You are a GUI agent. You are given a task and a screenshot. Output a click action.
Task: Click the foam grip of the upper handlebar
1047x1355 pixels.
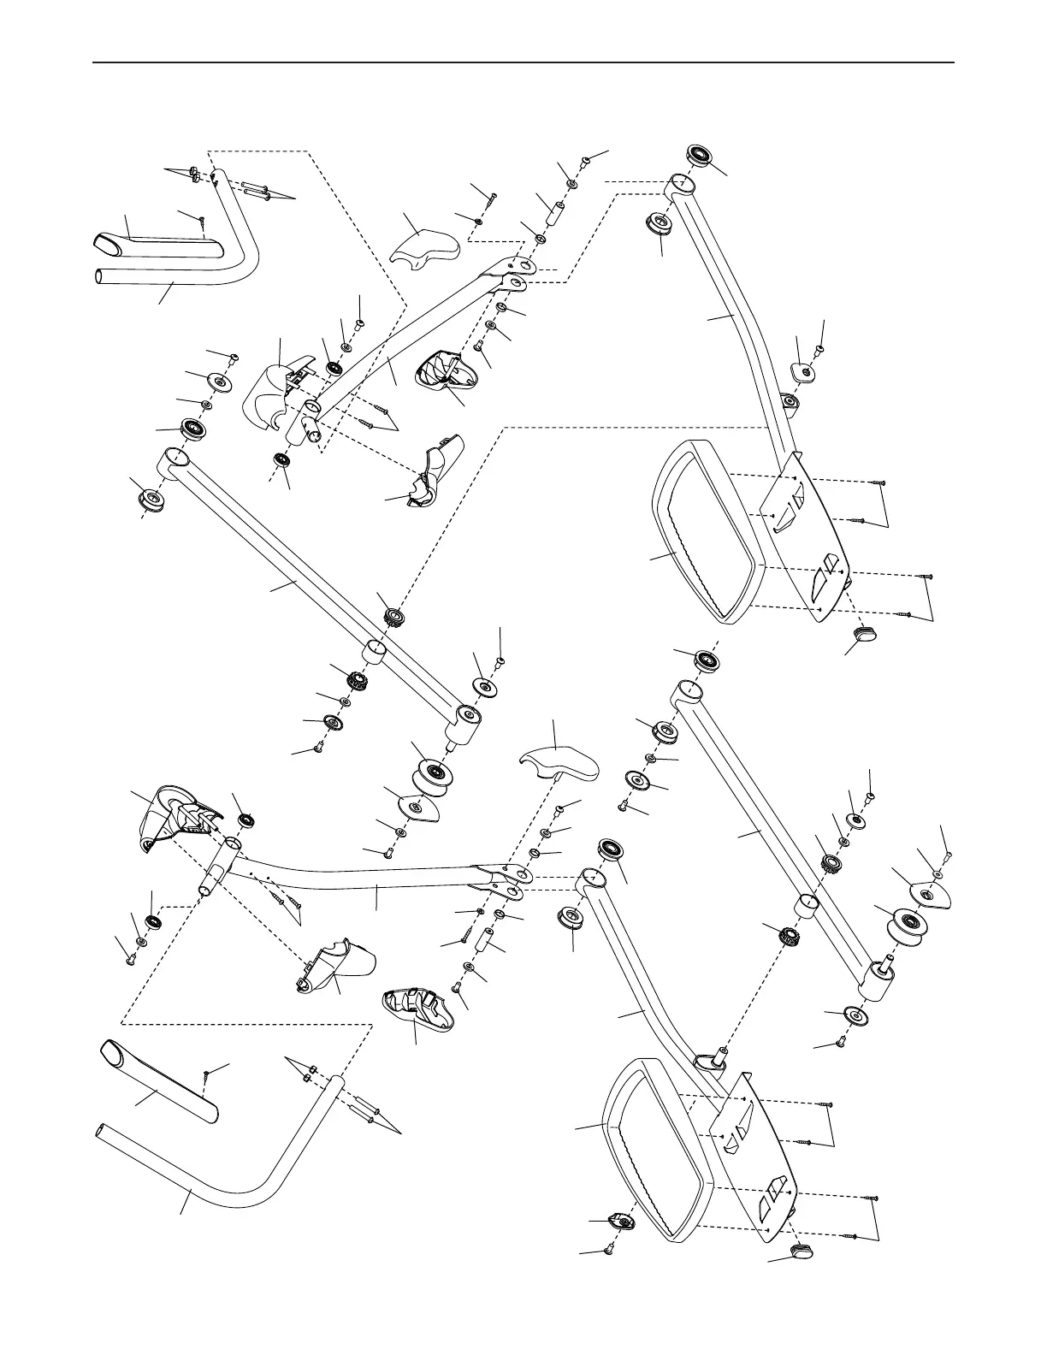tap(158, 243)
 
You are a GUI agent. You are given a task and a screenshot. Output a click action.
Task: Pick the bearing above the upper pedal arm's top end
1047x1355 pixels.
tap(701, 157)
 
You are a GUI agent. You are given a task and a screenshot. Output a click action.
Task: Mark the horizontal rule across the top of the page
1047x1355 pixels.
tap(523, 62)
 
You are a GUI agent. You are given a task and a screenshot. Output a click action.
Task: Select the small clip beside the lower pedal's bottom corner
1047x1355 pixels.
tap(618, 1220)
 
